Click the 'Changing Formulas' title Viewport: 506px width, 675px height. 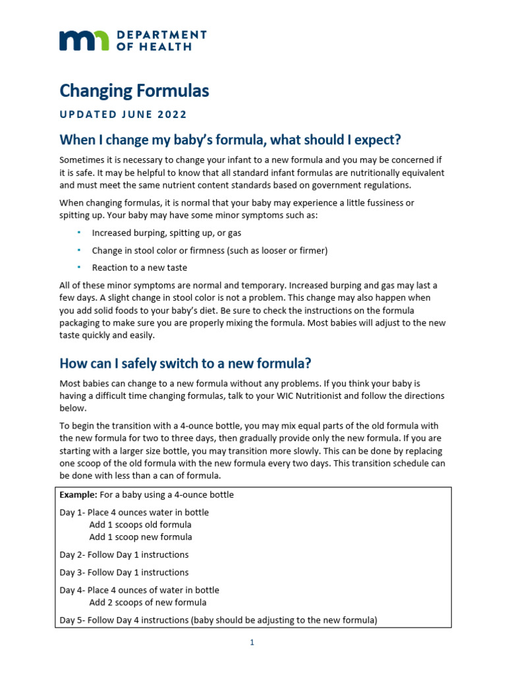point(134,90)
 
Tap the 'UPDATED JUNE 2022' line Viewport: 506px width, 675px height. point(123,114)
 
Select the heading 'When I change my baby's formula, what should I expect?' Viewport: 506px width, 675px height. point(230,140)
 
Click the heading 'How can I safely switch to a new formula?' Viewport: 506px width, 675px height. point(185,363)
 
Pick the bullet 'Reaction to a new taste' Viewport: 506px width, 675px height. point(140,268)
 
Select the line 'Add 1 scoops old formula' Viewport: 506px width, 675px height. point(140,525)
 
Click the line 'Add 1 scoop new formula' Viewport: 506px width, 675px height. point(140,537)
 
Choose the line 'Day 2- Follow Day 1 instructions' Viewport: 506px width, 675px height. point(124,554)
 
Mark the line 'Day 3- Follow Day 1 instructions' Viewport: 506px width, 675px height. point(124,572)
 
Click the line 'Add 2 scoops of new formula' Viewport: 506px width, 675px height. point(148,602)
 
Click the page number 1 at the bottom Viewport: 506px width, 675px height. point(252,643)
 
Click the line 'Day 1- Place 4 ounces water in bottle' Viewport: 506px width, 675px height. point(134,512)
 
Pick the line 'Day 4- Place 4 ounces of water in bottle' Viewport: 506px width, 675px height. point(139,590)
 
